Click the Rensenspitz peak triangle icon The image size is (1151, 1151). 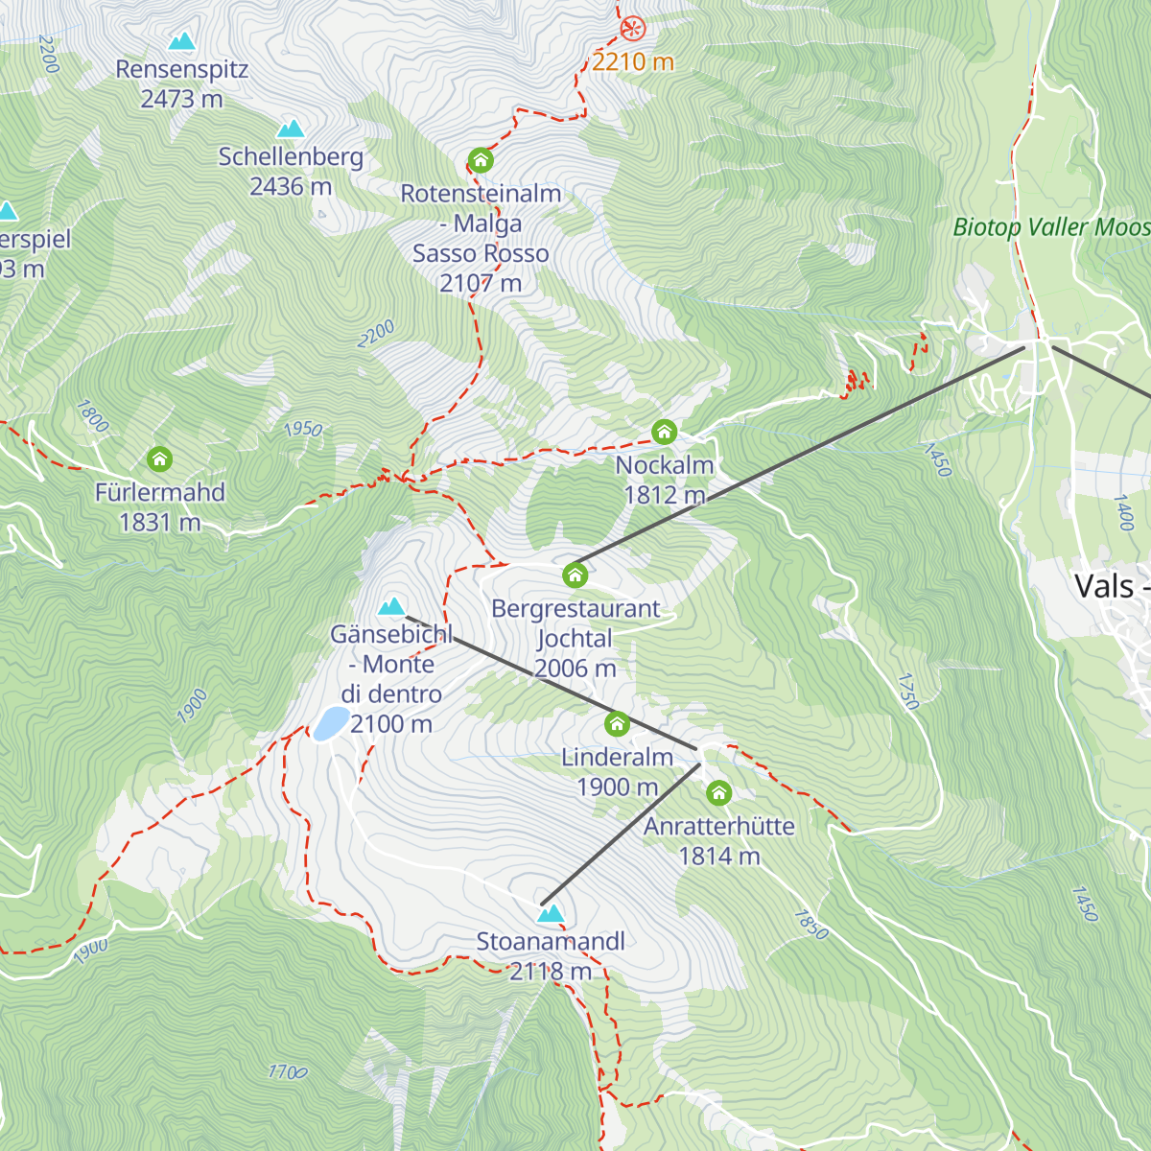pos(181,41)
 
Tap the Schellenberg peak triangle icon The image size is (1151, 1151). pos(291,129)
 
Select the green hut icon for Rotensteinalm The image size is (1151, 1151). pos(481,159)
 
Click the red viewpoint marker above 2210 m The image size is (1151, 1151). pos(632,28)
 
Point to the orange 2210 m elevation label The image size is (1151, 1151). pos(632,62)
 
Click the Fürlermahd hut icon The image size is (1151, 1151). pos(160,459)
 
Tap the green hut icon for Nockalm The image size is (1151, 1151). pos(665,432)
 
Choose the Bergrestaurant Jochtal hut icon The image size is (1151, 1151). pos(575,575)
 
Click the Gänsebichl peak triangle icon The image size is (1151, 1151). pos(391,606)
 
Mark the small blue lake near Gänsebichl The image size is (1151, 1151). pos(331,723)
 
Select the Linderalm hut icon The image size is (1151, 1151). pos(617,723)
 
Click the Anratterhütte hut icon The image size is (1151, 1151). pos(718,793)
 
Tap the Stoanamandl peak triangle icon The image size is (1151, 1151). pos(551,914)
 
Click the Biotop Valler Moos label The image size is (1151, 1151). pos(1050,227)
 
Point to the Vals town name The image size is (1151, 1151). pos(1104,586)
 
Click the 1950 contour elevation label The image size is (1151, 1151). pos(303,429)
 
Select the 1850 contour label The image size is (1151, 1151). pos(810,924)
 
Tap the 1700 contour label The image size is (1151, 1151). pos(288,1071)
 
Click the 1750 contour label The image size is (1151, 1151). pos(907,691)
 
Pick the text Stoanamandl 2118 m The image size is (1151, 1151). pos(551,956)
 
